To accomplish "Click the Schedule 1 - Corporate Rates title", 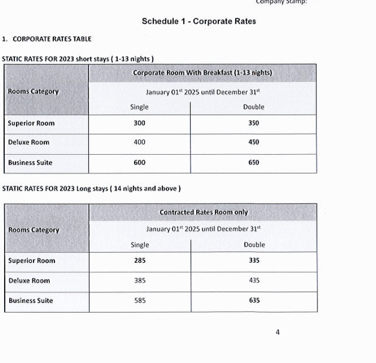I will coord(198,22).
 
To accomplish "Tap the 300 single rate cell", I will coord(139,123).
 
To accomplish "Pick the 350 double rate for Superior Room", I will coord(253,123).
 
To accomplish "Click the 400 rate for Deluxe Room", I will coord(139,142).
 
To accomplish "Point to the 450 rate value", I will coord(253,142).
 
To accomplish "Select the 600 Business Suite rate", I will coord(139,162).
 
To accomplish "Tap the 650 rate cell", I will coord(253,162).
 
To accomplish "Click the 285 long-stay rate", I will coord(140,261).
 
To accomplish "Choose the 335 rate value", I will coord(254,261).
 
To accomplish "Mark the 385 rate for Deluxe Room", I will coord(140,281).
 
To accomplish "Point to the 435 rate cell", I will coord(254,281).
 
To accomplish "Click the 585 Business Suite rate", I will coord(140,301).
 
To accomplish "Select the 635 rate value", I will coord(254,301).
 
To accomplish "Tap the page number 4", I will coord(278,332).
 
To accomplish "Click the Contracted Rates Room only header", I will coord(203,212).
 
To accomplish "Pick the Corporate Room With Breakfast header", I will coord(202,73).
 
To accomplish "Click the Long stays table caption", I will coord(91,189).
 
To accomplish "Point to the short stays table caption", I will coord(78,59).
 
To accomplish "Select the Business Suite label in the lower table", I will coord(30,301).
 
